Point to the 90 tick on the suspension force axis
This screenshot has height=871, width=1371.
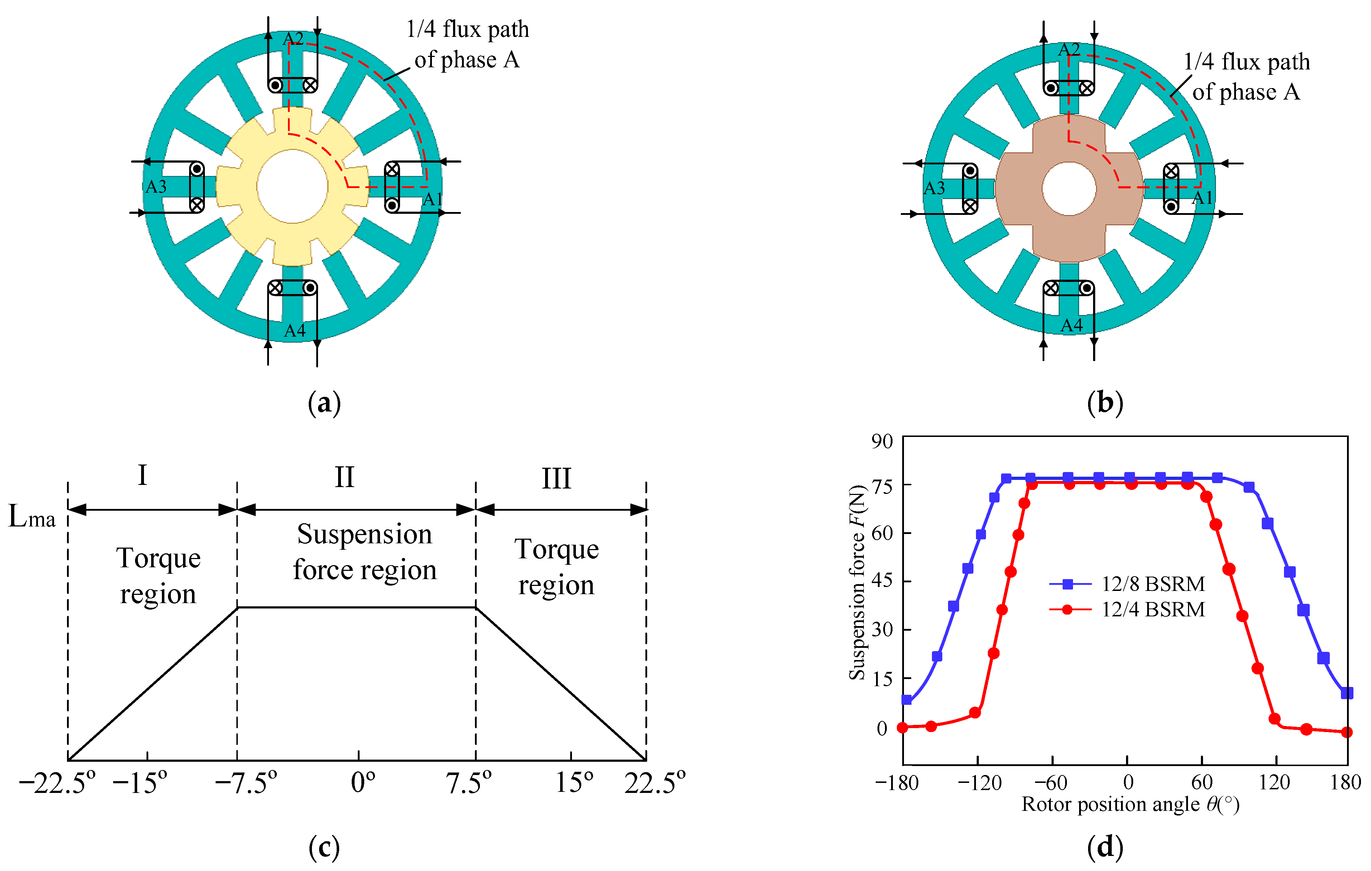tap(882, 441)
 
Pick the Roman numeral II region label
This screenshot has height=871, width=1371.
tap(345, 477)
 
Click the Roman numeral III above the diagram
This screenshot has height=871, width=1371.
tap(556, 478)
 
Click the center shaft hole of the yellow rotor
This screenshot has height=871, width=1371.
tap(292, 186)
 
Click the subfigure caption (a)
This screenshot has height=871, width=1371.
tap(324, 403)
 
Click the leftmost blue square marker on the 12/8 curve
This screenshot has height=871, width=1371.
tap(907, 700)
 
